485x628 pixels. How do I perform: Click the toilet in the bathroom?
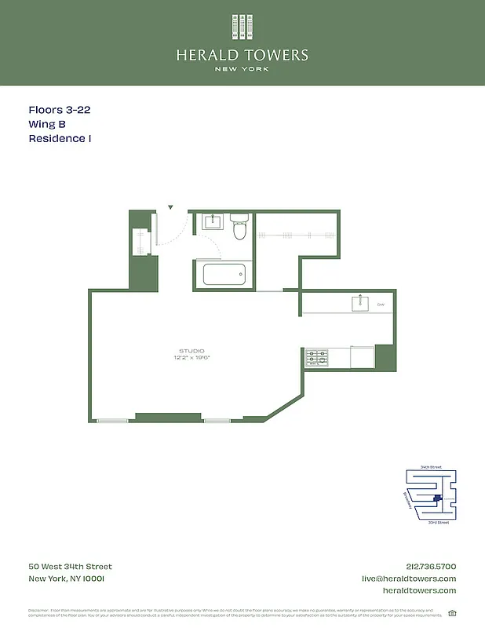tap(241, 229)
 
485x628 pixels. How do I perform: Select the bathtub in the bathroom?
tap(224, 275)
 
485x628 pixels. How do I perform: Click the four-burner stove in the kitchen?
tap(316, 358)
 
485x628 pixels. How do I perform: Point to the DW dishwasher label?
tap(381, 304)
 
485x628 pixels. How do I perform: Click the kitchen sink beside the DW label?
tap(361, 303)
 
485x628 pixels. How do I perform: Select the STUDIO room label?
tap(191, 350)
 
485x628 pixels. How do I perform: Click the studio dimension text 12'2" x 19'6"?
tap(192, 358)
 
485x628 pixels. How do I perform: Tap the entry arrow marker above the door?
tap(170, 207)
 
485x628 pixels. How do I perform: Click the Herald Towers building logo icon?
tap(242, 26)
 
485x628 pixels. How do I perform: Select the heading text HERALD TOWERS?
tap(242, 55)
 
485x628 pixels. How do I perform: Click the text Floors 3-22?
tap(60, 110)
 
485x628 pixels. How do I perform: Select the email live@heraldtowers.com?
tap(408, 579)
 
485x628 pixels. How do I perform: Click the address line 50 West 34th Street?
tap(70, 566)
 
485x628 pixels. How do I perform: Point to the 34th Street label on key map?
tap(432, 466)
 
